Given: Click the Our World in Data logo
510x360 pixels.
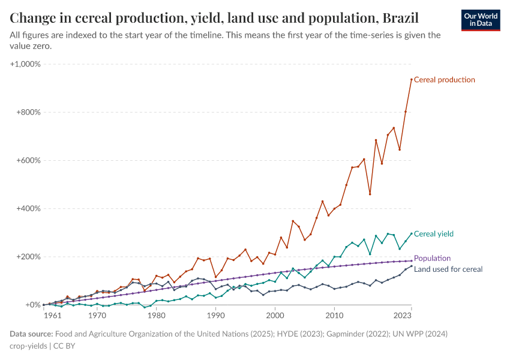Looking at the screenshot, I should tap(481, 20).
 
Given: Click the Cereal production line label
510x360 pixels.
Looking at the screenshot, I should tap(445, 80).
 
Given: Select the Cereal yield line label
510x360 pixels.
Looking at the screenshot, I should tap(434, 234).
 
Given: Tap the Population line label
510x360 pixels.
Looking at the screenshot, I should tap(432, 258).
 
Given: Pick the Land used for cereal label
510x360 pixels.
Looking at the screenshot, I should tap(448, 269).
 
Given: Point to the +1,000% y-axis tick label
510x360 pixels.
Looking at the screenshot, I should tap(25, 64).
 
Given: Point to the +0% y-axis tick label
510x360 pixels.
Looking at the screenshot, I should tap(31, 305).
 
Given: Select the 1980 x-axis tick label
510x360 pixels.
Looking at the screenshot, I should tap(157, 314).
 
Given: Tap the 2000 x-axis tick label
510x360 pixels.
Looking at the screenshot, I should tap(275, 314).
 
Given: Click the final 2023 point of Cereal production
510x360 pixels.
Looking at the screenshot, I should tap(412, 79).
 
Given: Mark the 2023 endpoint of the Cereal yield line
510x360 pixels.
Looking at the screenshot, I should tap(412, 233).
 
